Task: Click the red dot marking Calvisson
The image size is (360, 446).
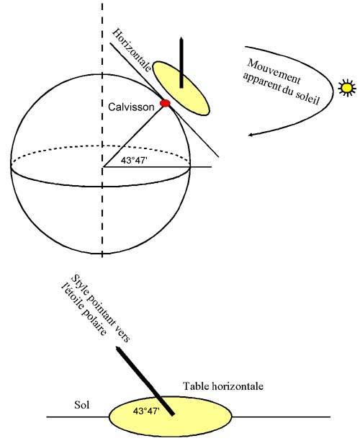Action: (165, 103)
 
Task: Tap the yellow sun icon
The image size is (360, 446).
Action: (347, 88)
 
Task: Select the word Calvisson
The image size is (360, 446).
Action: (131, 107)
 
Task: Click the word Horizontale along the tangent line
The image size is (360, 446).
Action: (132, 50)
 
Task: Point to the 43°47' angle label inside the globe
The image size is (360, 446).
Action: (134, 160)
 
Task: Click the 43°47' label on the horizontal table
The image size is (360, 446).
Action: (145, 411)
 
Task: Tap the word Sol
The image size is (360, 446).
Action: (82, 404)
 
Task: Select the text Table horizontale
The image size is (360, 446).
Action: (223, 386)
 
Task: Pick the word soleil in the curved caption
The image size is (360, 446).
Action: (308, 97)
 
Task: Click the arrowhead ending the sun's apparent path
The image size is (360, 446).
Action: (251, 135)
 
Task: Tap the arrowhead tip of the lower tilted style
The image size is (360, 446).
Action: (116, 347)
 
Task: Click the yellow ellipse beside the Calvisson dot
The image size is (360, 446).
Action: (181, 88)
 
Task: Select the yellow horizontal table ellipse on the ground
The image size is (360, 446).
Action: (171, 416)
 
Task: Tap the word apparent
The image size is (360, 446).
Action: (261, 82)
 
